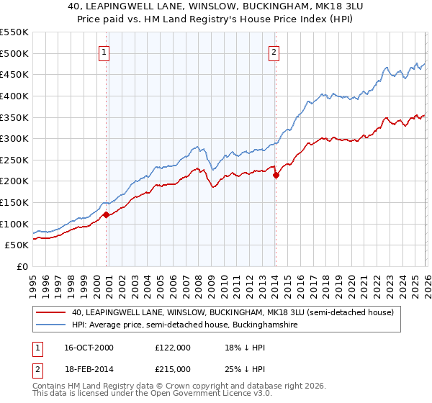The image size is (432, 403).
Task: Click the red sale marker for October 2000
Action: [x=106, y=214]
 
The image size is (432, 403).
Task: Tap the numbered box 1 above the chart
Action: [x=104, y=52]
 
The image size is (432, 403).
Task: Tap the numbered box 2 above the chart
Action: [x=274, y=52]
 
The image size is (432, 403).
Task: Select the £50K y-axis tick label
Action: [x=18, y=245]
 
